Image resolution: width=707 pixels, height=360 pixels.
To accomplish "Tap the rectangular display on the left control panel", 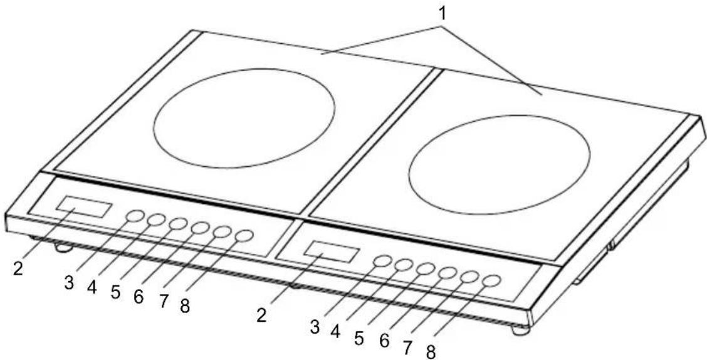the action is click(84, 206).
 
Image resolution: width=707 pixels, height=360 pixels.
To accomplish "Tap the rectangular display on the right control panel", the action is click(332, 251).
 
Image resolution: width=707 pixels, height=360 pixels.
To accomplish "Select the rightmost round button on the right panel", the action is click(492, 281).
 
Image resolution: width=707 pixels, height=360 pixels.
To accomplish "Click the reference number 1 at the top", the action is click(443, 14).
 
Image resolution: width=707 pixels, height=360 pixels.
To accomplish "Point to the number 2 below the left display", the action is click(18, 268).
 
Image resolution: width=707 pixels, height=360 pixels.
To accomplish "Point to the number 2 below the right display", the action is click(262, 314).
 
